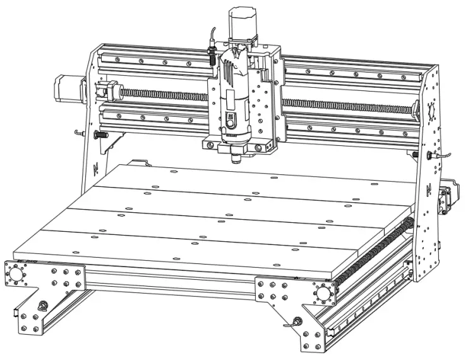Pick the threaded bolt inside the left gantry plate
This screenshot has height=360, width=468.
pos(99,135)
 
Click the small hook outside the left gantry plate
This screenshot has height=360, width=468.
pos(78,132)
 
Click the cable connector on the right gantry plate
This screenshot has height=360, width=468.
pos(431,154)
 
